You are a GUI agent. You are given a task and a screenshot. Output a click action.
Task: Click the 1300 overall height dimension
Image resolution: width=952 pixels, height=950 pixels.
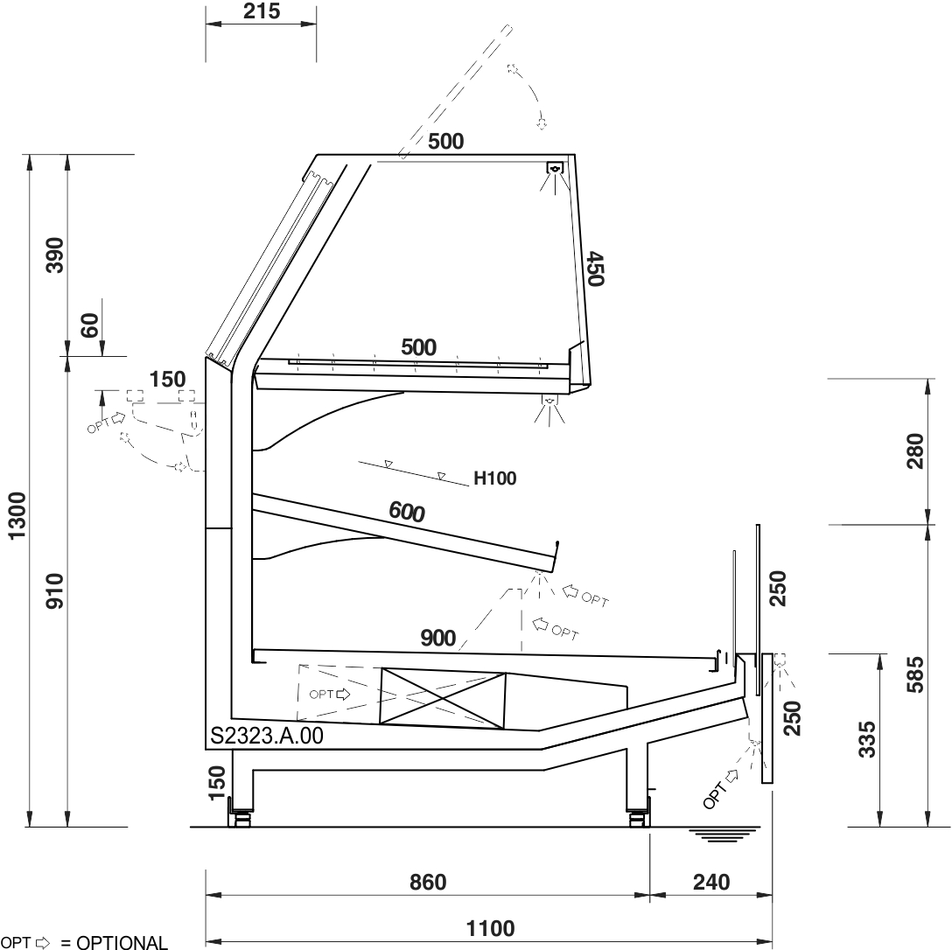(x=17, y=514)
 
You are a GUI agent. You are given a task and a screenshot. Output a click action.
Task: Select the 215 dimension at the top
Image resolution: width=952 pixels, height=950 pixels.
(x=262, y=10)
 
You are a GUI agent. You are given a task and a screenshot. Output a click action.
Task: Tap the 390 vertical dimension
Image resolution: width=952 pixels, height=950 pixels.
(x=54, y=255)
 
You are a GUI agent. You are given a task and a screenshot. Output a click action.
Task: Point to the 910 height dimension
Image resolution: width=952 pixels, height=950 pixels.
(x=54, y=591)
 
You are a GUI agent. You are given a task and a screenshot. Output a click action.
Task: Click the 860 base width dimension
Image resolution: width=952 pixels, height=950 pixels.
(x=428, y=882)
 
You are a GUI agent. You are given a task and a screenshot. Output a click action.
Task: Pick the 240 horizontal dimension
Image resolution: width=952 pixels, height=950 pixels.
(x=711, y=882)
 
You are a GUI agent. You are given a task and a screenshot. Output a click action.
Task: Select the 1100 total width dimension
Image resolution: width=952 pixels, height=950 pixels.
(x=491, y=928)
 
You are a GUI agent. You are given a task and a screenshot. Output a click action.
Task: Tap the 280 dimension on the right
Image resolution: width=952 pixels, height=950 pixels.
(x=915, y=451)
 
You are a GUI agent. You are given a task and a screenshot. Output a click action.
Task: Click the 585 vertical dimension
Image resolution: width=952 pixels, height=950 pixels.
(x=915, y=674)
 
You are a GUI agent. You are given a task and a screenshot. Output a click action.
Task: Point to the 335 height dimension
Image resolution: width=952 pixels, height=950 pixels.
(x=867, y=739)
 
